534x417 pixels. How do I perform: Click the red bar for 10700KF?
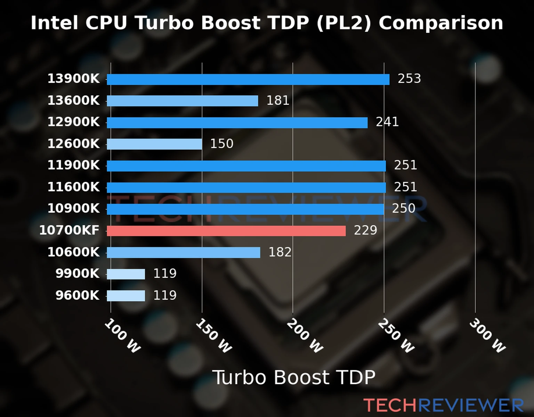226,231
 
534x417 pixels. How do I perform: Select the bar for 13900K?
248,79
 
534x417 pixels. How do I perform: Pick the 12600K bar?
154,144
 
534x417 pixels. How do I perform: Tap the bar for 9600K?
126,296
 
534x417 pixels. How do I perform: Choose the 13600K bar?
182,101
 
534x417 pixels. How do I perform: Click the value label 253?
409,79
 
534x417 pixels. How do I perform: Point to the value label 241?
387,122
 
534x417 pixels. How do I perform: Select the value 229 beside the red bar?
365,230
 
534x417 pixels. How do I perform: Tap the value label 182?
280,252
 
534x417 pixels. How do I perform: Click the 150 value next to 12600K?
222,144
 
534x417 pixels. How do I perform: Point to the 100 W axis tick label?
122,336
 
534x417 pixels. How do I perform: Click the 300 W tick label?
487,336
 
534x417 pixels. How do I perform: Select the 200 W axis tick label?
305,336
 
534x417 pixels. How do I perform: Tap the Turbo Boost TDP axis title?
294,377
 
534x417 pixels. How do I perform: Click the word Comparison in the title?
441,23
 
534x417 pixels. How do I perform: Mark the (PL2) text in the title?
344,23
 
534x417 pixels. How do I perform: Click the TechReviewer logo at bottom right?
443,405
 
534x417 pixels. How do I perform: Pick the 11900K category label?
73,165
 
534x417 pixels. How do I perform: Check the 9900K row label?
78,274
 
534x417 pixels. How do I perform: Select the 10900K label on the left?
73,209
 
